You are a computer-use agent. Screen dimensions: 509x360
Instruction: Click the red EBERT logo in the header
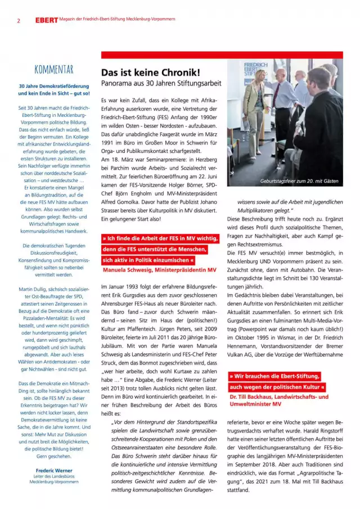46,20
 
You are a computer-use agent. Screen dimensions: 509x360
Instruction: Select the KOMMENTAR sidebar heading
54,70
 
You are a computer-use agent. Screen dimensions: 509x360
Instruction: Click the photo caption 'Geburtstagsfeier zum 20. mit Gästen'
299,181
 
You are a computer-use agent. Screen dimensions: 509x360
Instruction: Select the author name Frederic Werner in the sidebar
54,470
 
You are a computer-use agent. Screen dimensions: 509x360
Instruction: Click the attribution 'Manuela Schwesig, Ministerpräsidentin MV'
159,270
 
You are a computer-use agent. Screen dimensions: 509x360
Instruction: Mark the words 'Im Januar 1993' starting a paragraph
120,287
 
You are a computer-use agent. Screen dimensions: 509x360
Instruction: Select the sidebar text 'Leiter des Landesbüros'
54,476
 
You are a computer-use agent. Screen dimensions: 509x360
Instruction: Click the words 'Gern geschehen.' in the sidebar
54,457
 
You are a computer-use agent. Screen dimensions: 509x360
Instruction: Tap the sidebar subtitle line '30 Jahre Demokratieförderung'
54,86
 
